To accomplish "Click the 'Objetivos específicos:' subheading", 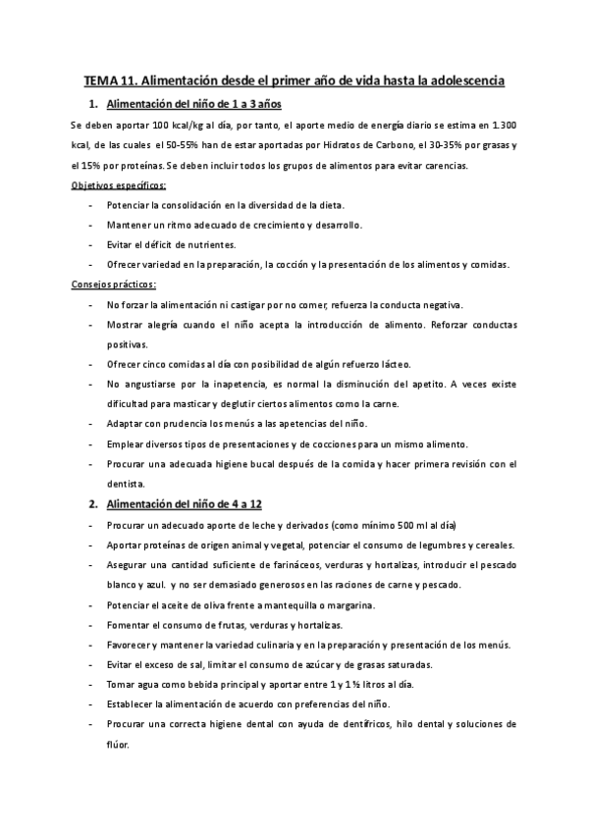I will (119, 185).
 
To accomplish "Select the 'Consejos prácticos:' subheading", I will (114, 285).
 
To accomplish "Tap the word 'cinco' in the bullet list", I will (157, 364).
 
